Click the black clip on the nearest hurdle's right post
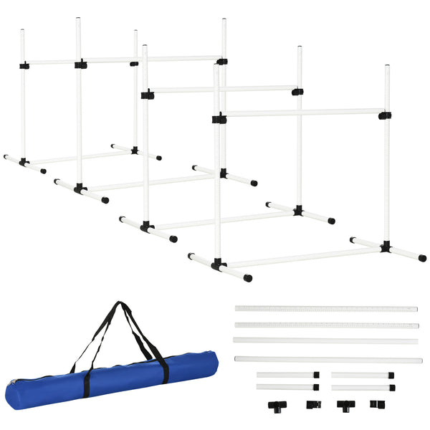point(385,115)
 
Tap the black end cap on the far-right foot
point(423,258)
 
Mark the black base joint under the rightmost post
point(386,247)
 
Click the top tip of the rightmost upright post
point(387,67)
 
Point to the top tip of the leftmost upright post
point(22,31)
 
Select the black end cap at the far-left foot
point(6,156)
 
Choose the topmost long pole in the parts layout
point(326,309)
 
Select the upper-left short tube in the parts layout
point(285,375)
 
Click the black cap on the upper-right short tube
point(391,375)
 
